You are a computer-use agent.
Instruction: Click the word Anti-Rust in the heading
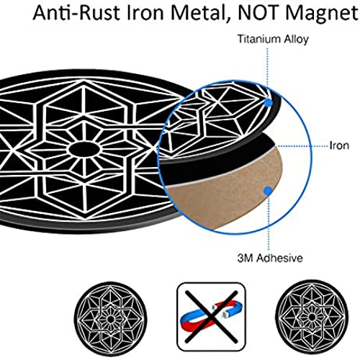76,12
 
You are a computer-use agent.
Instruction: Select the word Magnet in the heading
322,13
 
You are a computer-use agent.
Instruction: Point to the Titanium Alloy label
273,39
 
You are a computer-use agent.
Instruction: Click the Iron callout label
339,145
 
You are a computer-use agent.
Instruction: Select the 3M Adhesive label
270,258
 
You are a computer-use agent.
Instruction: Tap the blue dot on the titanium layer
268,103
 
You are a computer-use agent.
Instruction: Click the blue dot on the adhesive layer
268,191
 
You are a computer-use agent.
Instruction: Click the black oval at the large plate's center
84,150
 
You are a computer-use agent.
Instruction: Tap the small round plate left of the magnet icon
110,319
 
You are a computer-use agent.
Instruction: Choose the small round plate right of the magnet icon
312,318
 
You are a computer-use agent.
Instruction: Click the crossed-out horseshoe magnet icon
211,317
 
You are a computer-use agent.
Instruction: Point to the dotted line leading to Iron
303,146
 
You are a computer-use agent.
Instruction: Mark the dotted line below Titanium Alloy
268,73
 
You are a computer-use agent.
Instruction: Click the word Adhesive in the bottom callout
279,258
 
